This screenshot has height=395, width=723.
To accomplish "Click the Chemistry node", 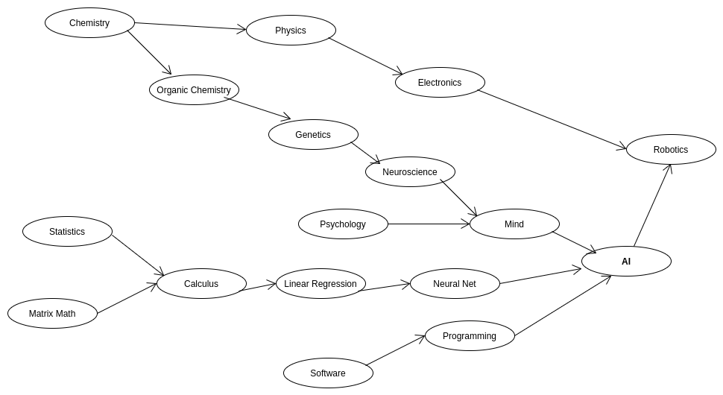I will click(89, 23).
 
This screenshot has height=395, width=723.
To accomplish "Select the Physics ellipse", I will click(291, 31).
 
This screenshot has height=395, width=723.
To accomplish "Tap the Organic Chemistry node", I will click(194, 90).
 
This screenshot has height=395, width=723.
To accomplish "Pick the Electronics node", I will click(440, 83).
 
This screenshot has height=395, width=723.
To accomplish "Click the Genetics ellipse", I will click(313, 135).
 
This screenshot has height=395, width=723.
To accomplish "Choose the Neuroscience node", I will click(410, 172).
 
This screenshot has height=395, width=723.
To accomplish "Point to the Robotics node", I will click(671, 150).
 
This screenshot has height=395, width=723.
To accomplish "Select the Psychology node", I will click(343, 224).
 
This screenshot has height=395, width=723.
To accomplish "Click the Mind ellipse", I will click(514, 224).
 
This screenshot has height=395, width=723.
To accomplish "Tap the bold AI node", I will click(626, 262).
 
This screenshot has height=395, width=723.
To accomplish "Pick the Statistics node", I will click(67, 232).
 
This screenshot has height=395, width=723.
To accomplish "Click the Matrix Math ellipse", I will click(52, 314).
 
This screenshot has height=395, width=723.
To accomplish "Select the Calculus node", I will click(201, 284).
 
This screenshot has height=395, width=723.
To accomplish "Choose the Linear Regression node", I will click(321, 284).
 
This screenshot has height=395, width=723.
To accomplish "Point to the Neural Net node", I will click(455, 284).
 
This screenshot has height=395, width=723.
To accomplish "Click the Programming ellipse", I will click(470, 336).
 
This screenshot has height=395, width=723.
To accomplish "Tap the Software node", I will click(328, 373).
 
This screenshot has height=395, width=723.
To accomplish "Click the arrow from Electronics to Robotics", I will click(552, 119).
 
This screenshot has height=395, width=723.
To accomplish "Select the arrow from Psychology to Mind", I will click(429, 224).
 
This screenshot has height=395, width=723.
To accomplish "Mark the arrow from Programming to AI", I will click(563, 306).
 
